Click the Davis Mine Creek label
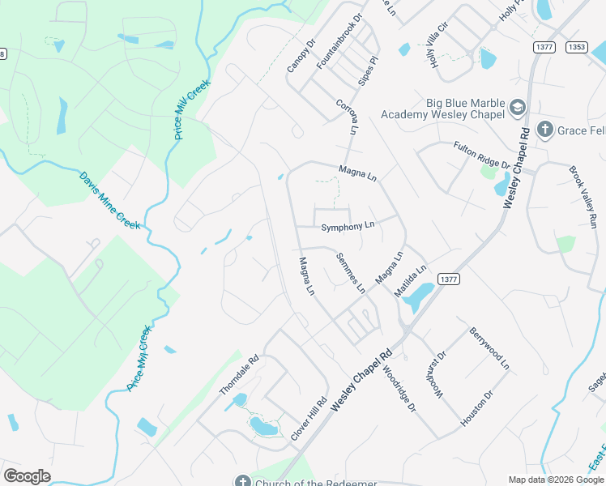pyautogui.click(x=109, y=200)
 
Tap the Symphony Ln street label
pyautogui.click(x=348, y=227)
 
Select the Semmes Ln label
pyautogui.click(x=351, y=271)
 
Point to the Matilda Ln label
pyautogui.click(x=409, y=281)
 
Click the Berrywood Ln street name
pyautogui.click(x=489, y=349)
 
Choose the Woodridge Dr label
pyautogui.click(x=399, y=386)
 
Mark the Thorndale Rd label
pyautogui.click(x=238, y=375)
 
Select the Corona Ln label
pyautogui.click(x=347, y=117)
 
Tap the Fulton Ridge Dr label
pyautogui.click(x=481, y=156)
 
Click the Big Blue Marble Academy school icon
pyautogui.click(x=518, y=107)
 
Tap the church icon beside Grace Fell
pyautogui.click(x=545, y=130)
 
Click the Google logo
pyautogui.click(x=27, y=476)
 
